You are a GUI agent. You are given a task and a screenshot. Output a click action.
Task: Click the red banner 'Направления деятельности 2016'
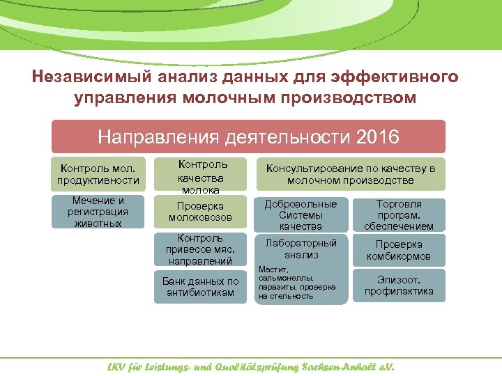click(x=248, y=136)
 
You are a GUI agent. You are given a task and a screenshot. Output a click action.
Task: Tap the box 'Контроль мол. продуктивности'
click(x=98, y=175)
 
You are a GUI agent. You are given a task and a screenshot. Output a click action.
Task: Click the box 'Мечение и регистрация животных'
click(x=98, y=212)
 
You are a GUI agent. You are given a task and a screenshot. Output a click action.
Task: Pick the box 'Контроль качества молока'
click(x=200, y=177)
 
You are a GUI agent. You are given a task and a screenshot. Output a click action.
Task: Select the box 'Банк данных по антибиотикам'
click(x=200, y=287)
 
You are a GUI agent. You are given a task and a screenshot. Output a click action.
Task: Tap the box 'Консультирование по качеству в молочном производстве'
click(x=350, y=175)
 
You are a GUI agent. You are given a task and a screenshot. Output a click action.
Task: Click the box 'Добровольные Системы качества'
click(x=301, y=215)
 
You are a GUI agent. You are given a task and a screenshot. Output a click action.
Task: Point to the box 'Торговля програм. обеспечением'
click(x=399, y=215)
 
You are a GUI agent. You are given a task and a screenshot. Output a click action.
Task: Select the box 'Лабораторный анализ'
click(x=301, y=249)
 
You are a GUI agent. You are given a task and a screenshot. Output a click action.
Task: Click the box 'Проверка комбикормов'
click(x=399, y=251)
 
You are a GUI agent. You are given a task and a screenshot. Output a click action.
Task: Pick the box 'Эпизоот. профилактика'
click(x=399, y=286)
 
